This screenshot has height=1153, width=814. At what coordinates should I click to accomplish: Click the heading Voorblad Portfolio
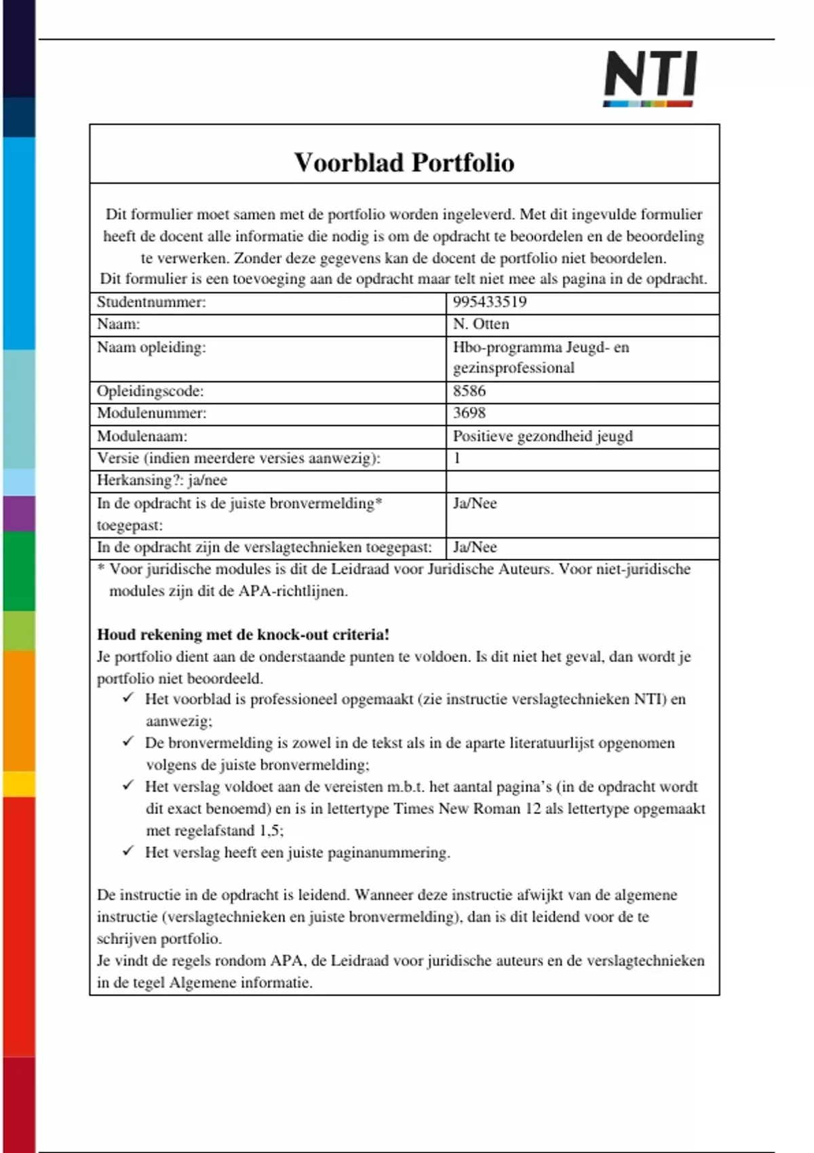404,163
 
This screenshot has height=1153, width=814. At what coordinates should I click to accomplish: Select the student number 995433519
490,302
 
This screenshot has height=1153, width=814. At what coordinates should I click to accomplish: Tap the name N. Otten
481,324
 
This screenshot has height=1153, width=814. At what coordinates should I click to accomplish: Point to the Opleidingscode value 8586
469,391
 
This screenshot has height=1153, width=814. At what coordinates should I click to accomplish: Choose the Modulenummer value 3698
469,413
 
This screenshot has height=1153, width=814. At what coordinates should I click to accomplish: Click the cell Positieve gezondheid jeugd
543,436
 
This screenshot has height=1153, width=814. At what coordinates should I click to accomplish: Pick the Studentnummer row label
151,302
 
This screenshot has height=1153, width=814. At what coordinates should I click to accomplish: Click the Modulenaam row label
142,436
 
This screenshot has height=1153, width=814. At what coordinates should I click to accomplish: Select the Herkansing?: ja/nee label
162,480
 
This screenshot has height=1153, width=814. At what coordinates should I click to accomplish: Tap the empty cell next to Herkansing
582,481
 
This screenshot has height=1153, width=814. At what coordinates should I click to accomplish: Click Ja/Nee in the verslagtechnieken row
475,547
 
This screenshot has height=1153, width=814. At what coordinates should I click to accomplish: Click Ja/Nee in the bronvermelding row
475,503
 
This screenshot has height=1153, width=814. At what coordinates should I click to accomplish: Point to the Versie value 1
457,458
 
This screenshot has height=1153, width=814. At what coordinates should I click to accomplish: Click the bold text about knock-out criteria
243,635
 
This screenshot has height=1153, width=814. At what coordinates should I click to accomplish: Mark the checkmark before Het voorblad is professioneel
128,698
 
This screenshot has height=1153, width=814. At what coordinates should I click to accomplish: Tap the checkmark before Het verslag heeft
128,851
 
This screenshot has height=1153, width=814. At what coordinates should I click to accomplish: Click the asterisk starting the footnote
101,568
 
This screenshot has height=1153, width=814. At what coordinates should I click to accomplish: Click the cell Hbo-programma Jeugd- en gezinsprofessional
541,357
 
